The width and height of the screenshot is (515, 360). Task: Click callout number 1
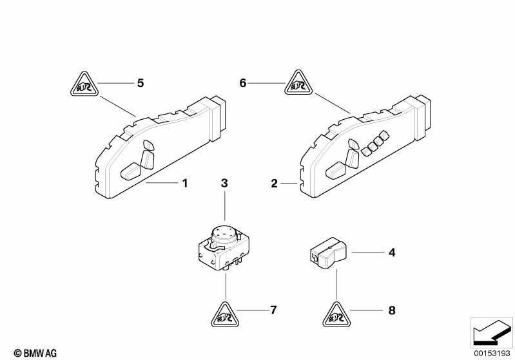[x=185, y=183]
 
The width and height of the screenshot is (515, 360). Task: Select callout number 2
[x=274, y=184]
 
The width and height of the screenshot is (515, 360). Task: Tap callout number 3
[x=224, y=183]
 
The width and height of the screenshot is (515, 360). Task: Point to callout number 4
[x=392, y=252]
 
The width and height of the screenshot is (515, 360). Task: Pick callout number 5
[x=141, y=83]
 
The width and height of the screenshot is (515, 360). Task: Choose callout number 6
[x=243, y=83]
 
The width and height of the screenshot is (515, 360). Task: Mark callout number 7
[x=273, y=310]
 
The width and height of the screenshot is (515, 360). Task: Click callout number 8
[x=392, y=310]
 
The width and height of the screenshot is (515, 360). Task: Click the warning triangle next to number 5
[x=84, y=84]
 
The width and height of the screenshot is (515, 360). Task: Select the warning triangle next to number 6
[x=298, y=83]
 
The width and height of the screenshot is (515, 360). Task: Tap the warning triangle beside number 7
[x=226, y=316]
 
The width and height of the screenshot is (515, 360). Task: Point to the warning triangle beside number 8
[x=336, y=316]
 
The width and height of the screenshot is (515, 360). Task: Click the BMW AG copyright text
[x=35, y=354]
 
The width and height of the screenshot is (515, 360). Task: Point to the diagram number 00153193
[x=492, y=353]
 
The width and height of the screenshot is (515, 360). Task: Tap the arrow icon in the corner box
[x=492, y=332]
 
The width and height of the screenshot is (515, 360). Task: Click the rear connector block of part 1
[x=218, y=118]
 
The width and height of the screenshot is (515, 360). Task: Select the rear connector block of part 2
[x=422, y=117]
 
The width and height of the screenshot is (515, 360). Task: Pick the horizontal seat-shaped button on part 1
[x=131, y=171]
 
